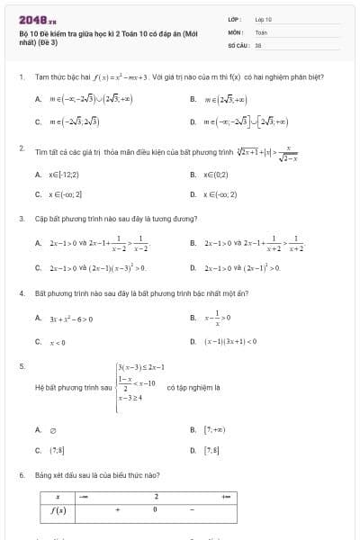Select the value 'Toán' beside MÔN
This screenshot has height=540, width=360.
pyautogui.click(x=261, y=31)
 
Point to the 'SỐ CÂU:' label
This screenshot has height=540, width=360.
pyautogui.click(x=238, y=43)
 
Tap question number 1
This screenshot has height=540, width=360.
pyautogui.click(x=20, y=77)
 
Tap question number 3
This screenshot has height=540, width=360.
pyautogui.click(x=20, y=219)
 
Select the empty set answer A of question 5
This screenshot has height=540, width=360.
pyautogui.click(x=52, y=430)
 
